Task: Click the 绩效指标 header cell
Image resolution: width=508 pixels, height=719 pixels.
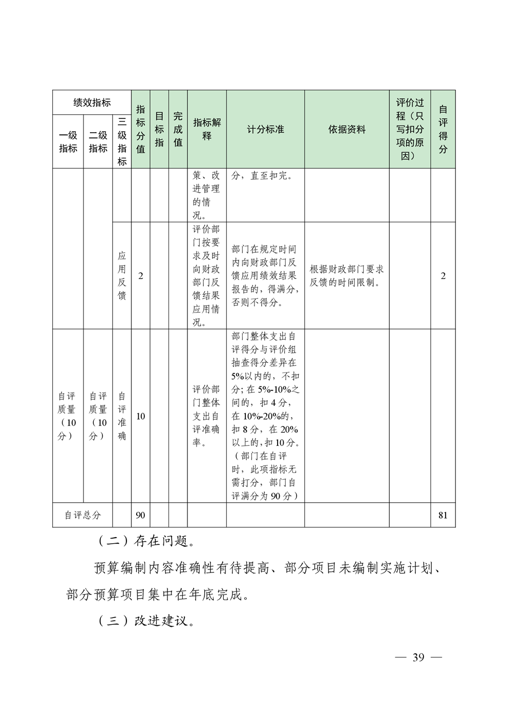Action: pos(92,102)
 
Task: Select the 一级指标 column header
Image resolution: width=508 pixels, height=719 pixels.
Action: pos(68,142)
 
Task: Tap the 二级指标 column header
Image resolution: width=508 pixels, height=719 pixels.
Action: pos(98,142)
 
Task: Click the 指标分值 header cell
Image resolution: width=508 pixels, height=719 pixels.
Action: pos(140,129)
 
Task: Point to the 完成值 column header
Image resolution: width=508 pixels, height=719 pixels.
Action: pos(178,129)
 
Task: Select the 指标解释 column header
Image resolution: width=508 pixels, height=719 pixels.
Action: pos(207,129)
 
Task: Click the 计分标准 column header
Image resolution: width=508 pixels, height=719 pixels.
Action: pos(265,130)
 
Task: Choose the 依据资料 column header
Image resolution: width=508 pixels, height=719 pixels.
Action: pos(347,130)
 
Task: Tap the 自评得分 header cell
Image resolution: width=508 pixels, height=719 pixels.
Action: pos(443,129)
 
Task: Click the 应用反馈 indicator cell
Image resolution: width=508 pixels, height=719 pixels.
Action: pos(122,276)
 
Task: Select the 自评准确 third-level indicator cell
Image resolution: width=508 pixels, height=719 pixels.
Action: pos(122,416)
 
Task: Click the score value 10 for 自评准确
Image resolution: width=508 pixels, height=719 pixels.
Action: pos(140,416)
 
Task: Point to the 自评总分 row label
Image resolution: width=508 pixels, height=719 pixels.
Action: pos(82,515)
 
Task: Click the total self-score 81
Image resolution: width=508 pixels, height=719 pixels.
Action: pos(443,515)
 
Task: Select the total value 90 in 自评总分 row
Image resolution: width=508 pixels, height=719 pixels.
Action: pos(140,515)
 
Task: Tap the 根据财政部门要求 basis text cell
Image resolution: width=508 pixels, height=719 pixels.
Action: pos(347,276)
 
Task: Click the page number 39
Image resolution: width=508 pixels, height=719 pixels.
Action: pos(418,658)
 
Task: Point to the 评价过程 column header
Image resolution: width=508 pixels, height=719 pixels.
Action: pos(410,129)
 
